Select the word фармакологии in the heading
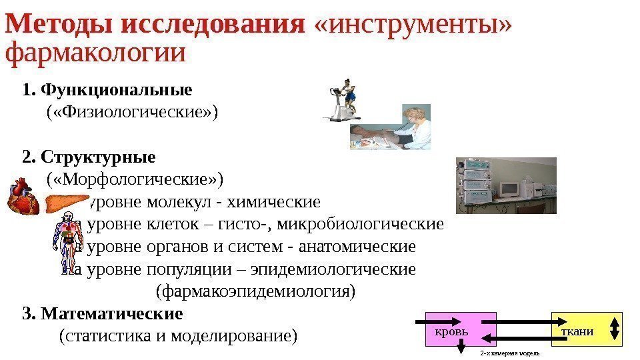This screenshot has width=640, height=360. tap(95, 53)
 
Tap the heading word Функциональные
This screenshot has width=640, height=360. tap(116, 89)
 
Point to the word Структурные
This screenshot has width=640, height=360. tap(98, 157)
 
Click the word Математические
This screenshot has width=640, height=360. tap(111, 313)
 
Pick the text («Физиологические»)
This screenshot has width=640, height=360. tap(132, 111)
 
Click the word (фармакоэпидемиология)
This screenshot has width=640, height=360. tap(255, 291)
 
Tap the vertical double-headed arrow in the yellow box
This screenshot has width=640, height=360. tap(614, 329)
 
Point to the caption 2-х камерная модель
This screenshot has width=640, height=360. tap(509, 353)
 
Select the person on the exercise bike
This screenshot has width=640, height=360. tap(346, 100)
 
